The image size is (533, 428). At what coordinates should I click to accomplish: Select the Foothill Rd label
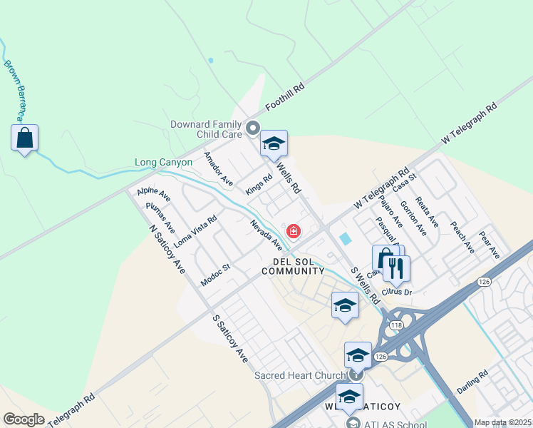(285, 96)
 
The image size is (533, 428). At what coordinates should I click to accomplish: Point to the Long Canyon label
(164, 163)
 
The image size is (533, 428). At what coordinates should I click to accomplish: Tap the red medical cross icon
(293, 231)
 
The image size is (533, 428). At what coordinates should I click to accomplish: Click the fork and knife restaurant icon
(396, 268)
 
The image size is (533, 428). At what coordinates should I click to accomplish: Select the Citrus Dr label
(398, 292)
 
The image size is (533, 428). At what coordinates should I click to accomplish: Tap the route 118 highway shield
(396, 325)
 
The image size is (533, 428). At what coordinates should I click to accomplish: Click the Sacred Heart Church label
(299, 375)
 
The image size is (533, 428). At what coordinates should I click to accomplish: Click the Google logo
(24, 419)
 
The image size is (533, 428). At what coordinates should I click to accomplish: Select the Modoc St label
(215, 275)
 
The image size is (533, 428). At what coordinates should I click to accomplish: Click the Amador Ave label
(218, 169)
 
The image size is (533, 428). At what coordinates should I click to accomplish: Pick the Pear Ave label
(490, 244)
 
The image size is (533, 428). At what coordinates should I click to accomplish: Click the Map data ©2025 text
(502, 422)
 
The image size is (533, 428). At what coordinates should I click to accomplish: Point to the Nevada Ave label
(266, 235)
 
